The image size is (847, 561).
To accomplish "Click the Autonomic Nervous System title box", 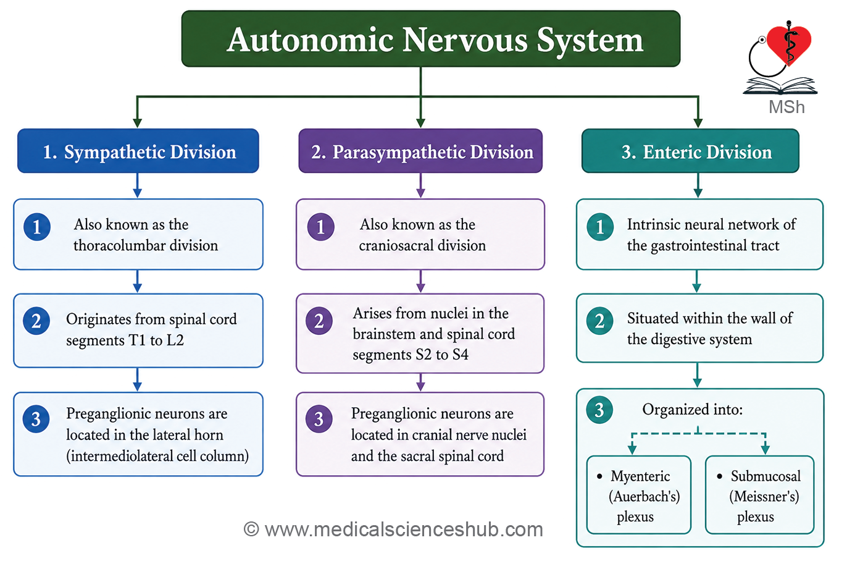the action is point(431,38).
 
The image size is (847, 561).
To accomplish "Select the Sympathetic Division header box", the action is point(138,151).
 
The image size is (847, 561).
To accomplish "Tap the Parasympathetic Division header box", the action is point(420,151).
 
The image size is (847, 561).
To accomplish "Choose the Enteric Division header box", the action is point(690,151).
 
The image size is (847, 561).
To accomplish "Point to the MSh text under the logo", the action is point(786,107).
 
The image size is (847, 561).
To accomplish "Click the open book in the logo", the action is point(780,86).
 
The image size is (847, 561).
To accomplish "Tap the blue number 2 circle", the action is point(36,321).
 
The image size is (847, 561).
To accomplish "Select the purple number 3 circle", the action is point(319,419).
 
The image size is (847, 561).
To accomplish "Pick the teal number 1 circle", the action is point(600,227).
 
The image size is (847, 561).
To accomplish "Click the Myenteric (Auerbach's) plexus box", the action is point(639,495).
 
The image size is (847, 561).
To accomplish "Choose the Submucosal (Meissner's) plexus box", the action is point(759,495).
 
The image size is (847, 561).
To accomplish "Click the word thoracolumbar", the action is point(119,246).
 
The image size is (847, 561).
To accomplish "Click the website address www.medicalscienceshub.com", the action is point(404,529).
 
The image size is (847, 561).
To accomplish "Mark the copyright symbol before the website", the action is point(251,529).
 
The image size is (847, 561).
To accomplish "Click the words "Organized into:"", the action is point(692,410).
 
